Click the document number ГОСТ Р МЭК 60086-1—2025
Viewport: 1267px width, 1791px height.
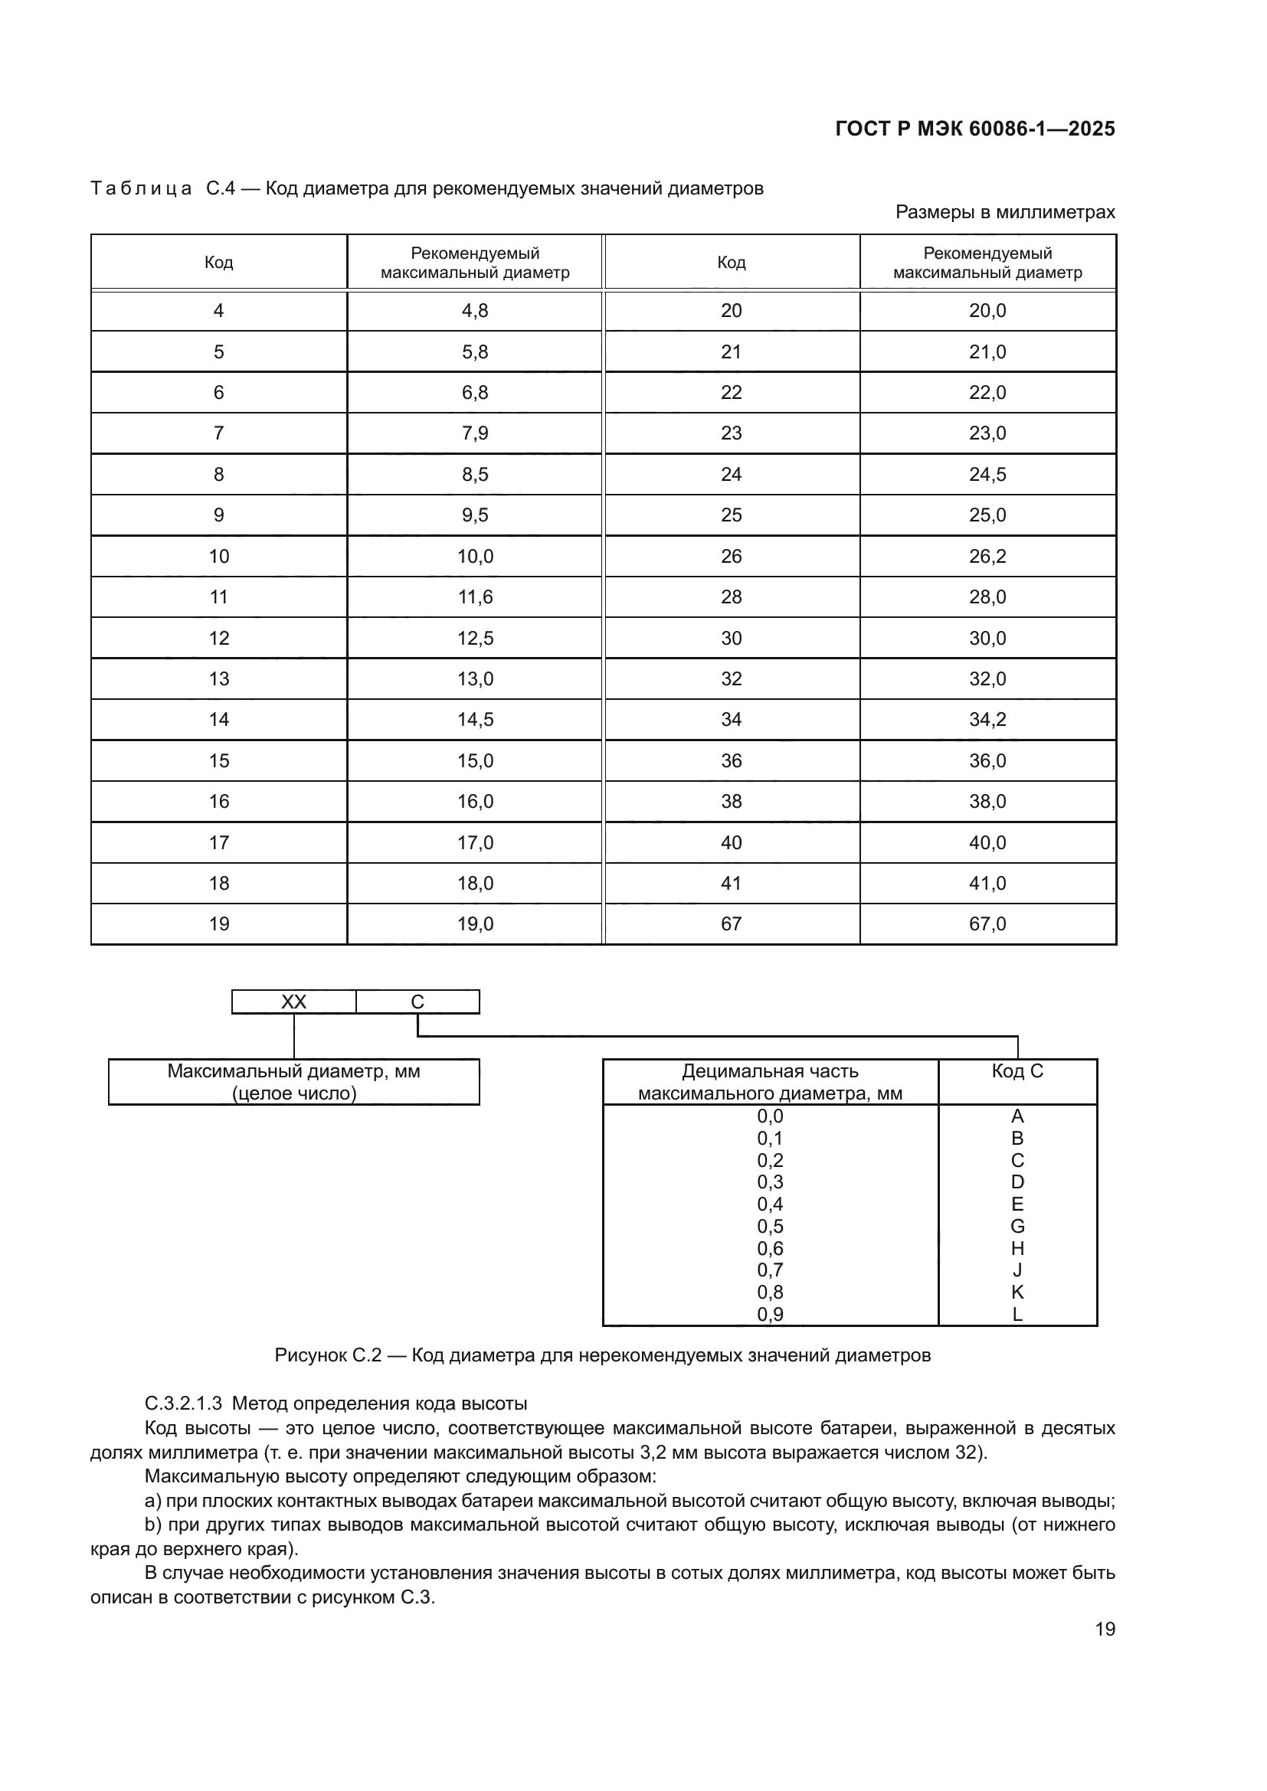(974, 129)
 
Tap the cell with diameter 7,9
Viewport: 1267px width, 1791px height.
(474, 433)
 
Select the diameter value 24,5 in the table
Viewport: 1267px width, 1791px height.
(987, 474)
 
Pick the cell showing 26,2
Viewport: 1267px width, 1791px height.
(987, 556)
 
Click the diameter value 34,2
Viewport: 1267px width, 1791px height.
(987, 719)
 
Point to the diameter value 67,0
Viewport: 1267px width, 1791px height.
(987, 923)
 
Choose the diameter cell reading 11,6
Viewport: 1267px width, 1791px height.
(474, 596)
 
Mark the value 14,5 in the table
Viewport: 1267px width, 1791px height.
(474, 719)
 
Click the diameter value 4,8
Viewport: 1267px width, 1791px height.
(474, 310)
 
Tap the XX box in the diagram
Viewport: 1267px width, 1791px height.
(293, 1002)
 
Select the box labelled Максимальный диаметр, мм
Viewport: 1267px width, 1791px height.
(293, 1081)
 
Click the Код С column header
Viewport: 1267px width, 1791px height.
(1017, 1071)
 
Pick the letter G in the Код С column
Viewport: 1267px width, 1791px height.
(1017, 1226)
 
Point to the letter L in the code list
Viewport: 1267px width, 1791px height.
(1017, 1315)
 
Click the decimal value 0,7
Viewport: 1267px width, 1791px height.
(769, 1270)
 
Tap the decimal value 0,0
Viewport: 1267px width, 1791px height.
(769, 1116)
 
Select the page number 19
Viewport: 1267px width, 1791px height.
(1105, 1629)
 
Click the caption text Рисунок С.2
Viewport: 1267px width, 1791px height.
(328, 1355)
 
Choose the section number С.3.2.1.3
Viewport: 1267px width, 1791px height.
(183, 1404)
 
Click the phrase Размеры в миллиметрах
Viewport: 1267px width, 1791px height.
(1005, 212)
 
